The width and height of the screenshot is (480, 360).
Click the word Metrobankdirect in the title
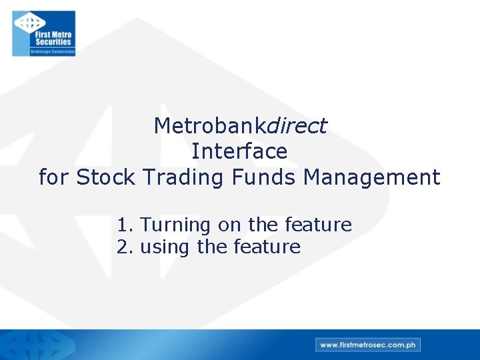pyautogui.click(x=240, y=125)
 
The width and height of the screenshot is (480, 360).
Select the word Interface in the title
pyautogui.click(x=239, y=151)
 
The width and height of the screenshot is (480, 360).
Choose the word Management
pyautogui.click(x=371, y=177)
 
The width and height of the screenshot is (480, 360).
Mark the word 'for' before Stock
pyautogui.click(x=54, y=177)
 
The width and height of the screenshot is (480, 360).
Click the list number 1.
pyautogui.click(x=124, y=225)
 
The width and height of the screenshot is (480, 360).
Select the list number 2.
pyautogui.click(x=124, y=247)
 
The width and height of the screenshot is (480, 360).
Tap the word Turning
pyautogui.click(x=177, y=225)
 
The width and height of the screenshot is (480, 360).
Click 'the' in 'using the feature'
pyautogui.click(x=212, y=247)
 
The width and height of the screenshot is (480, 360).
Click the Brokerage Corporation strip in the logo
pyautogui.click(x=52, y=51)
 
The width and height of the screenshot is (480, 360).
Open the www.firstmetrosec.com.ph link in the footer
pyautogui.click(x=368, y=345)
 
